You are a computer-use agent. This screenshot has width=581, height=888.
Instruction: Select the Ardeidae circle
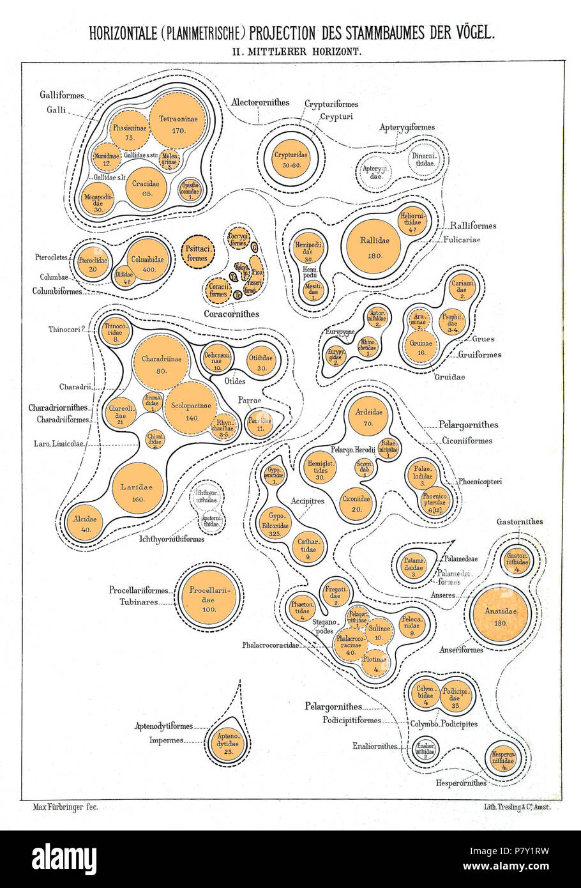point(368,417)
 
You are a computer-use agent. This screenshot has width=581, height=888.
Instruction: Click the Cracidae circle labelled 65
point(146,186)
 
